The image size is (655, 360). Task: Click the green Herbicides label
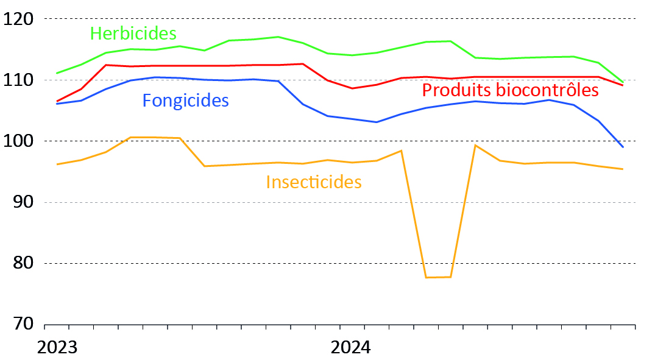pos(133,33)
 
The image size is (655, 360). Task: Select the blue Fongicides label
pos(185,100)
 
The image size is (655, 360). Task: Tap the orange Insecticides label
pos(314,182)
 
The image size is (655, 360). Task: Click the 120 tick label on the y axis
pos(17,19)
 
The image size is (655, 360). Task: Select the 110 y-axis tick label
pos(17,80)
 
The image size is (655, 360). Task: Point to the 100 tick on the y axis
pos(17,141)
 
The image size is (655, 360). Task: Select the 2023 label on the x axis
pos(57,347)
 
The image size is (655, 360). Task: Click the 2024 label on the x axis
pos(350,347)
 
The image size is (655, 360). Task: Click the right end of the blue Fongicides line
pos(623,147)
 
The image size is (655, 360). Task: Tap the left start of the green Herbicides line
pos(56,73)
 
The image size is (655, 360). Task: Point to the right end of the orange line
pos(623,169)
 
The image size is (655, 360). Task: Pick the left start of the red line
pos(56,101)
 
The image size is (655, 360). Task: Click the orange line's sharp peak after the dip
pos(475,145)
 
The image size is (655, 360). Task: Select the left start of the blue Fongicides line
pos(56,104)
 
